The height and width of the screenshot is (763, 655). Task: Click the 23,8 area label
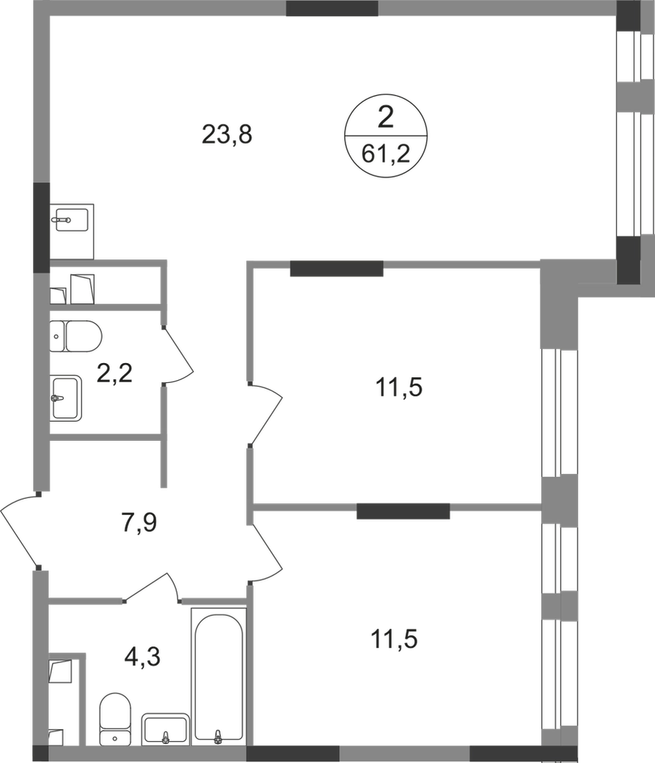[x=227, y=134]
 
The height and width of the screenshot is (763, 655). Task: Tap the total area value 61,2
[x=386, y=155]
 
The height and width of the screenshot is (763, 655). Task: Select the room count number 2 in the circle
[x=385, y=118]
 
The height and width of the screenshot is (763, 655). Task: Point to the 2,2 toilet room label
[x=114, y=373]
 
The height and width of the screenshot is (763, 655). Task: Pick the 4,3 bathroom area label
[x=142, y=657]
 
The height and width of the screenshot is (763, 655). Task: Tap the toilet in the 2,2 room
[x=76, y=336]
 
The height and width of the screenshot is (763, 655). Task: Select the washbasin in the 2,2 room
[x=66, y=398]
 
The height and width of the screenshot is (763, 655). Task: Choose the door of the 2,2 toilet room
[x=178, y=354]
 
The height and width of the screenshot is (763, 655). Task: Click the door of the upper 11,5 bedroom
[x=266, y=414]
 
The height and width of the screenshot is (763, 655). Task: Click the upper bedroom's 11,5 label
[x=398, y=388]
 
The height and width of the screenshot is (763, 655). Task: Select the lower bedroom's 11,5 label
[x=394, y=639]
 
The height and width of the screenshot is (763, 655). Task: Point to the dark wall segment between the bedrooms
[x=403, y=511]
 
